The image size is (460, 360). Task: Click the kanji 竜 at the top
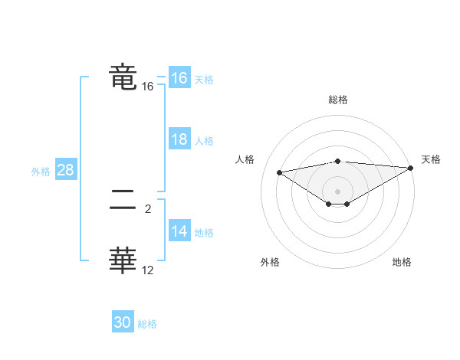[x=123, y=77]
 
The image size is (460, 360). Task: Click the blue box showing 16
[x=179, y=78]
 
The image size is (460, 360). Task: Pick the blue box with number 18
[x=179, y=139]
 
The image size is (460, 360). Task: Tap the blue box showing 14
[x=179, y=231]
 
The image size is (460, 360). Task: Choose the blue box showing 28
[x=65, y=170]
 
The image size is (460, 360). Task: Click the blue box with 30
[x=123, y=322]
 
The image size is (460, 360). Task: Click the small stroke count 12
[x=148, y=270]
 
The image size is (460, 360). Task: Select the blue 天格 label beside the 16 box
[x=203, y=80]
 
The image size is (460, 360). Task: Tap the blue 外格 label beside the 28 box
[x=41, y=172]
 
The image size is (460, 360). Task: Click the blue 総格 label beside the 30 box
[x=147, y=324]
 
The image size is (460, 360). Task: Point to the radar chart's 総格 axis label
[x=337, y=100]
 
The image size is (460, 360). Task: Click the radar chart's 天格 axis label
[x=431, y=159]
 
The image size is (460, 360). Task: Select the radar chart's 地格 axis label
[x=402, y=262]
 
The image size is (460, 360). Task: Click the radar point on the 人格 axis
[x=279, y=172]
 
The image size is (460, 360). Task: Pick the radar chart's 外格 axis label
[x=270, y=262]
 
